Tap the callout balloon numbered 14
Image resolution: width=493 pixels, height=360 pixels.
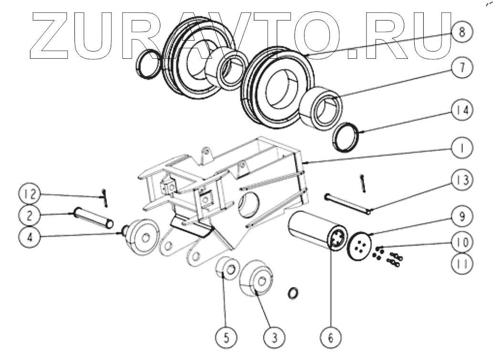tap(461, 110)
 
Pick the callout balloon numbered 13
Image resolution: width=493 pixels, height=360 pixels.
tap(461, 180)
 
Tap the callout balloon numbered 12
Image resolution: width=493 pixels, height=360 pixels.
tap(30, 194)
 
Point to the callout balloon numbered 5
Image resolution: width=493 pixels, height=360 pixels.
tap(227, 337)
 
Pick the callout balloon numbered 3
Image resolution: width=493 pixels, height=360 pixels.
tap(273, 337)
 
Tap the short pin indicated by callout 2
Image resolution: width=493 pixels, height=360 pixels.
tap(94, 218)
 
